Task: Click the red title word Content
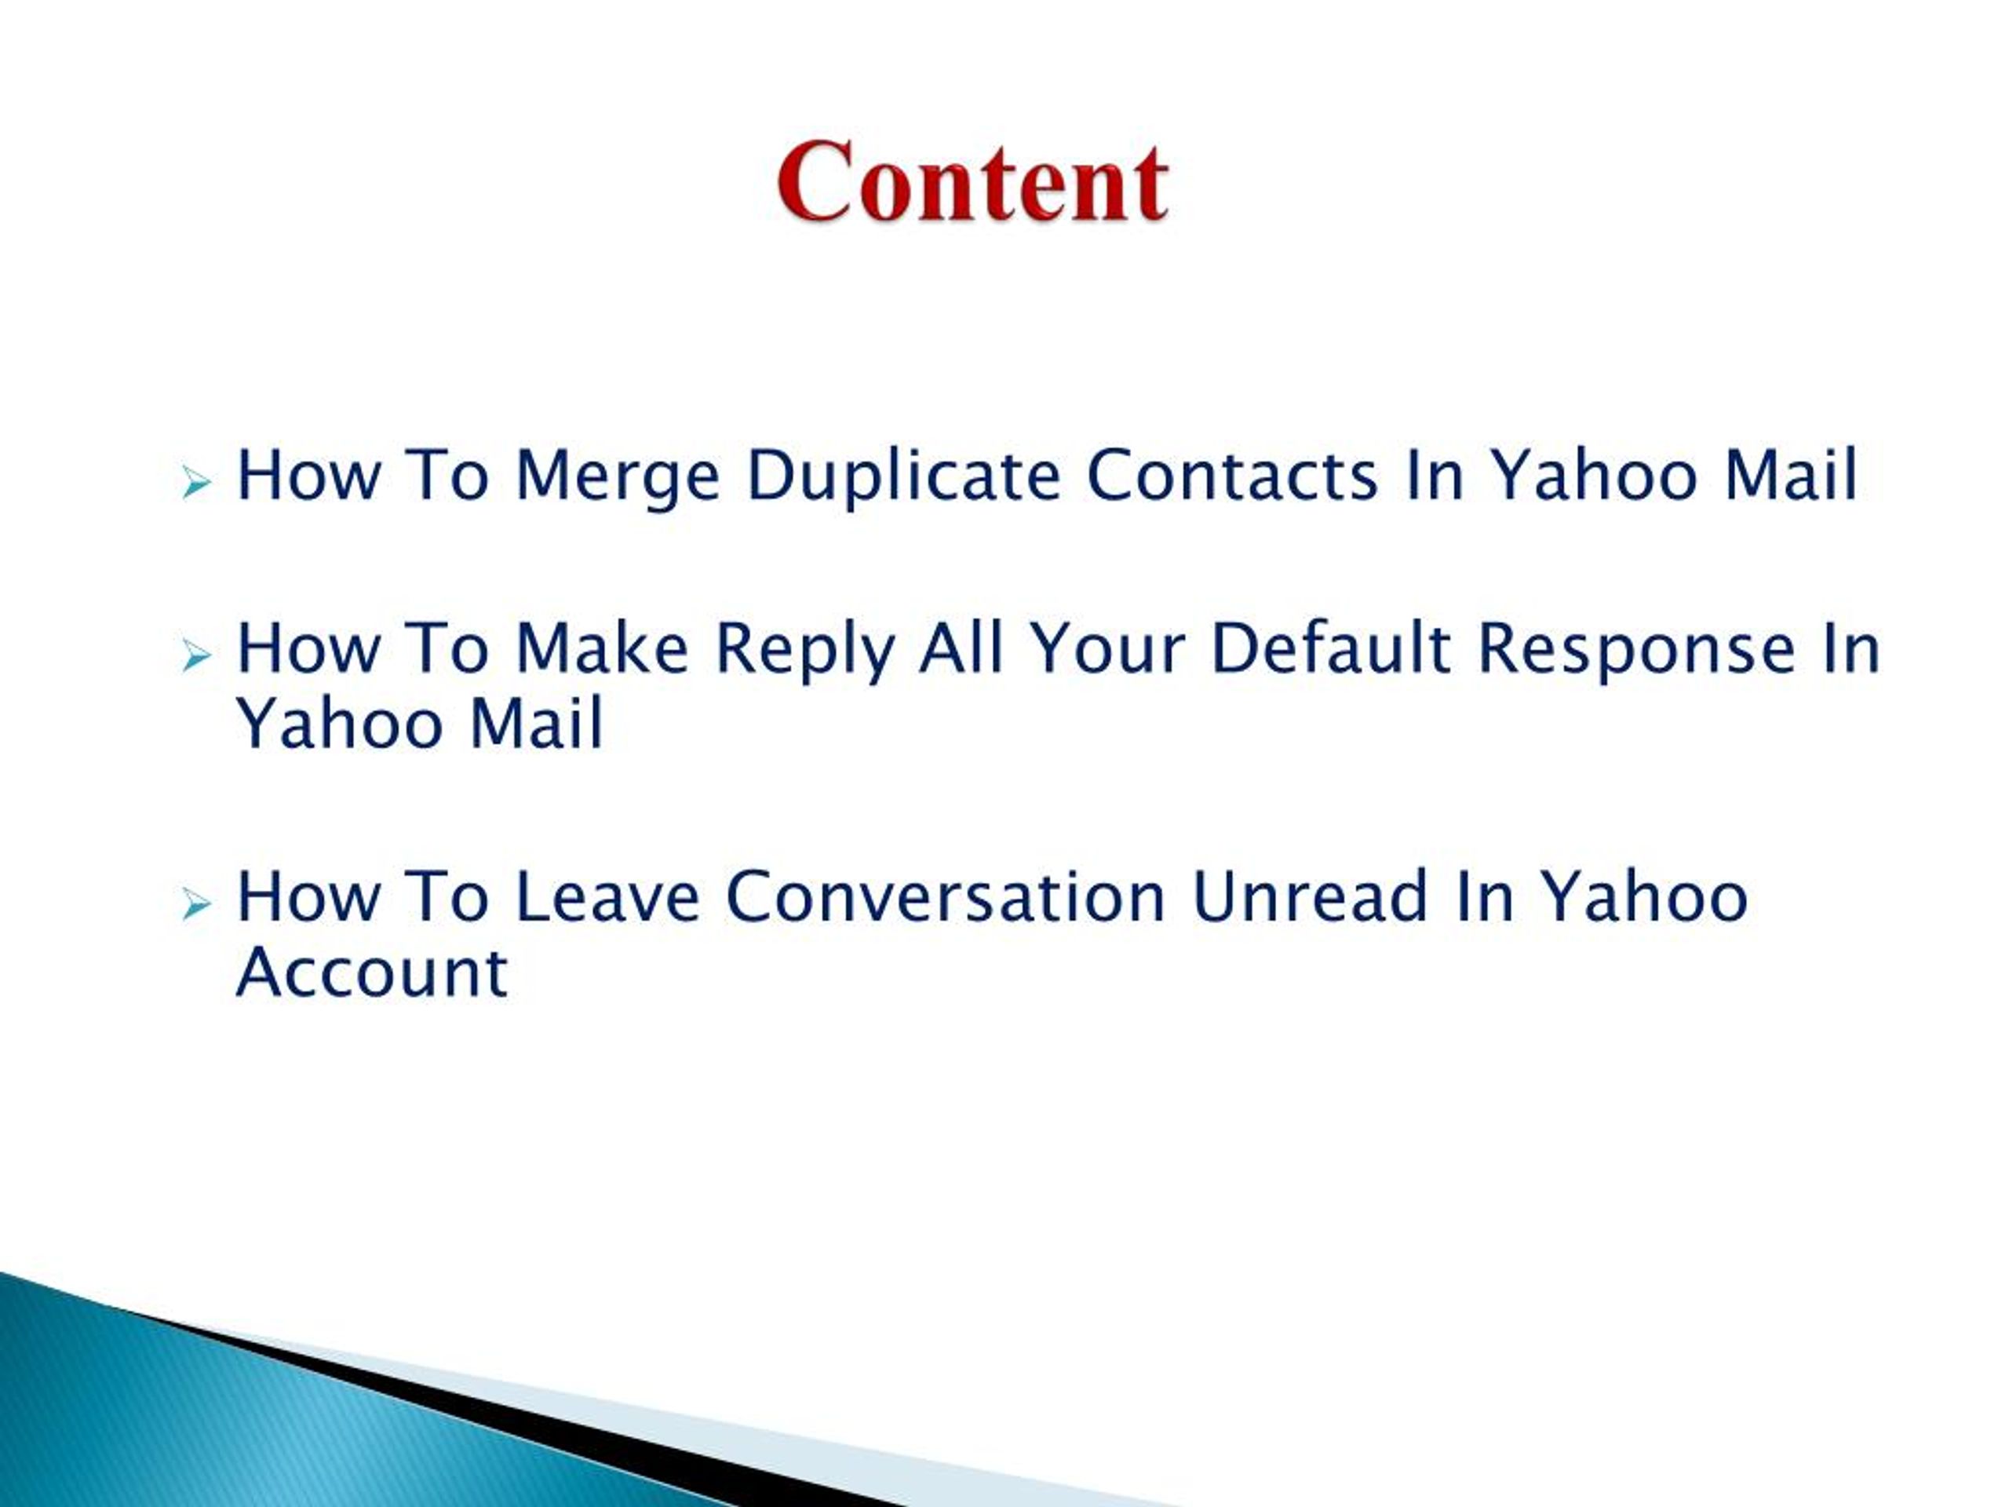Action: (x=972, y=183)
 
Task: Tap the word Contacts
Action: (x=1232, y=475)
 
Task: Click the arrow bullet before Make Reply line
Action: (x=196, y=655)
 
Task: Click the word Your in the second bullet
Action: (x=1107, y=648)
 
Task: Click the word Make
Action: (x=602, y=648)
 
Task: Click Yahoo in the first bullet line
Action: (x=1594, y=475)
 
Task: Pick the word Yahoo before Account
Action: (x=1646, y=897)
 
